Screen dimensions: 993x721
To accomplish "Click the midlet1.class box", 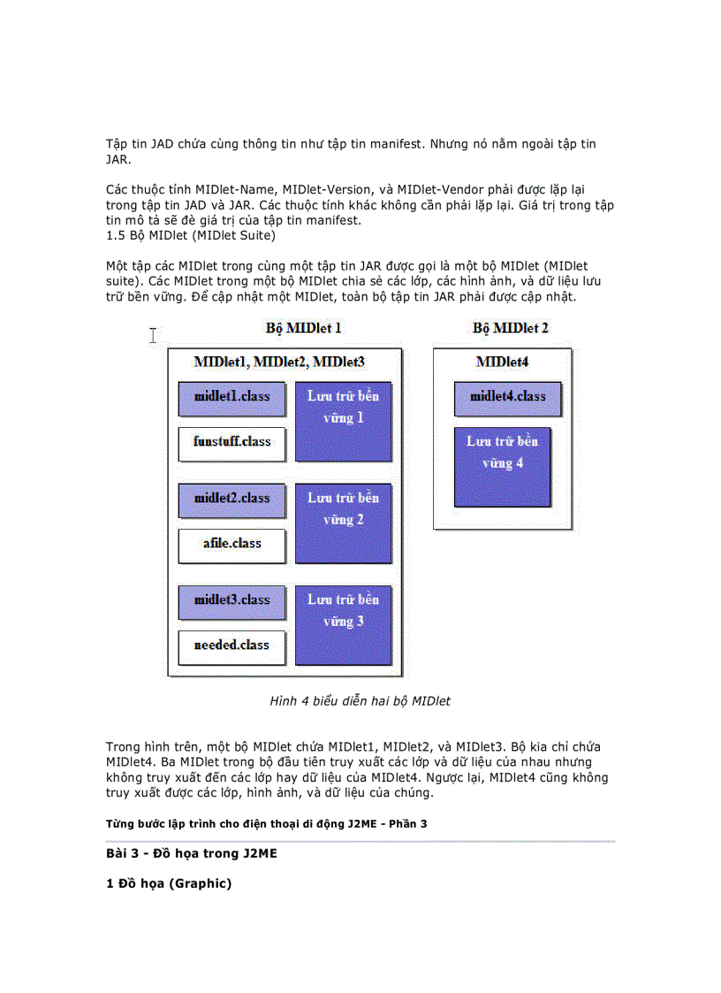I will (x=231, y=398).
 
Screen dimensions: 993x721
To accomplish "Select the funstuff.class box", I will (x=231, y=443).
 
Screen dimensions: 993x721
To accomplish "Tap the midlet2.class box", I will (x=231, y=500).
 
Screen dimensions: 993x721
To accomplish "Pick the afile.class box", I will (x=231, y=545).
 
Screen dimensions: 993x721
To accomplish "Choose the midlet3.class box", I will (x=231, y=601).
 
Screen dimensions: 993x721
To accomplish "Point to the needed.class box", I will (x=231, y=646).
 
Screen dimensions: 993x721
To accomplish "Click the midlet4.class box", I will (x=507, y=398).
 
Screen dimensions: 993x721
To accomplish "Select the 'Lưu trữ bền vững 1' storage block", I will (x=343, y=421).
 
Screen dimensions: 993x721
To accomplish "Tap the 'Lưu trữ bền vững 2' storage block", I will (x=343, y=523).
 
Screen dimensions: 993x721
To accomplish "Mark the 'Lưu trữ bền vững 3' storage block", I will (x=343, y=624).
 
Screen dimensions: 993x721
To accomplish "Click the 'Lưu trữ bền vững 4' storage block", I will (x=502, y=467).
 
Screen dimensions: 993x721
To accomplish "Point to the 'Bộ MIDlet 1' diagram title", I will (x=304, y=328).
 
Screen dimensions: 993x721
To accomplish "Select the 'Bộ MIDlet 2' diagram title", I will (x=511, y=328).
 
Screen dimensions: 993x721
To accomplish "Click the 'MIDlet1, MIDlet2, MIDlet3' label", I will (x=279, y=362).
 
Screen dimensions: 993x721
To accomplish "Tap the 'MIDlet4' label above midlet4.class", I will (x=502, y=362).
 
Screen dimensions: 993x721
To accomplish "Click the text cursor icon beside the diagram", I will (x=153, y=334).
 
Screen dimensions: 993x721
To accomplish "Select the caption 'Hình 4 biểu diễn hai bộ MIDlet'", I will (x=360, y=701).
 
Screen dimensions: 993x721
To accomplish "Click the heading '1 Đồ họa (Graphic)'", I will (x=169, y=882).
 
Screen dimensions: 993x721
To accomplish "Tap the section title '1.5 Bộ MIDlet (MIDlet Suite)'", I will (x=191, y=235).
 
